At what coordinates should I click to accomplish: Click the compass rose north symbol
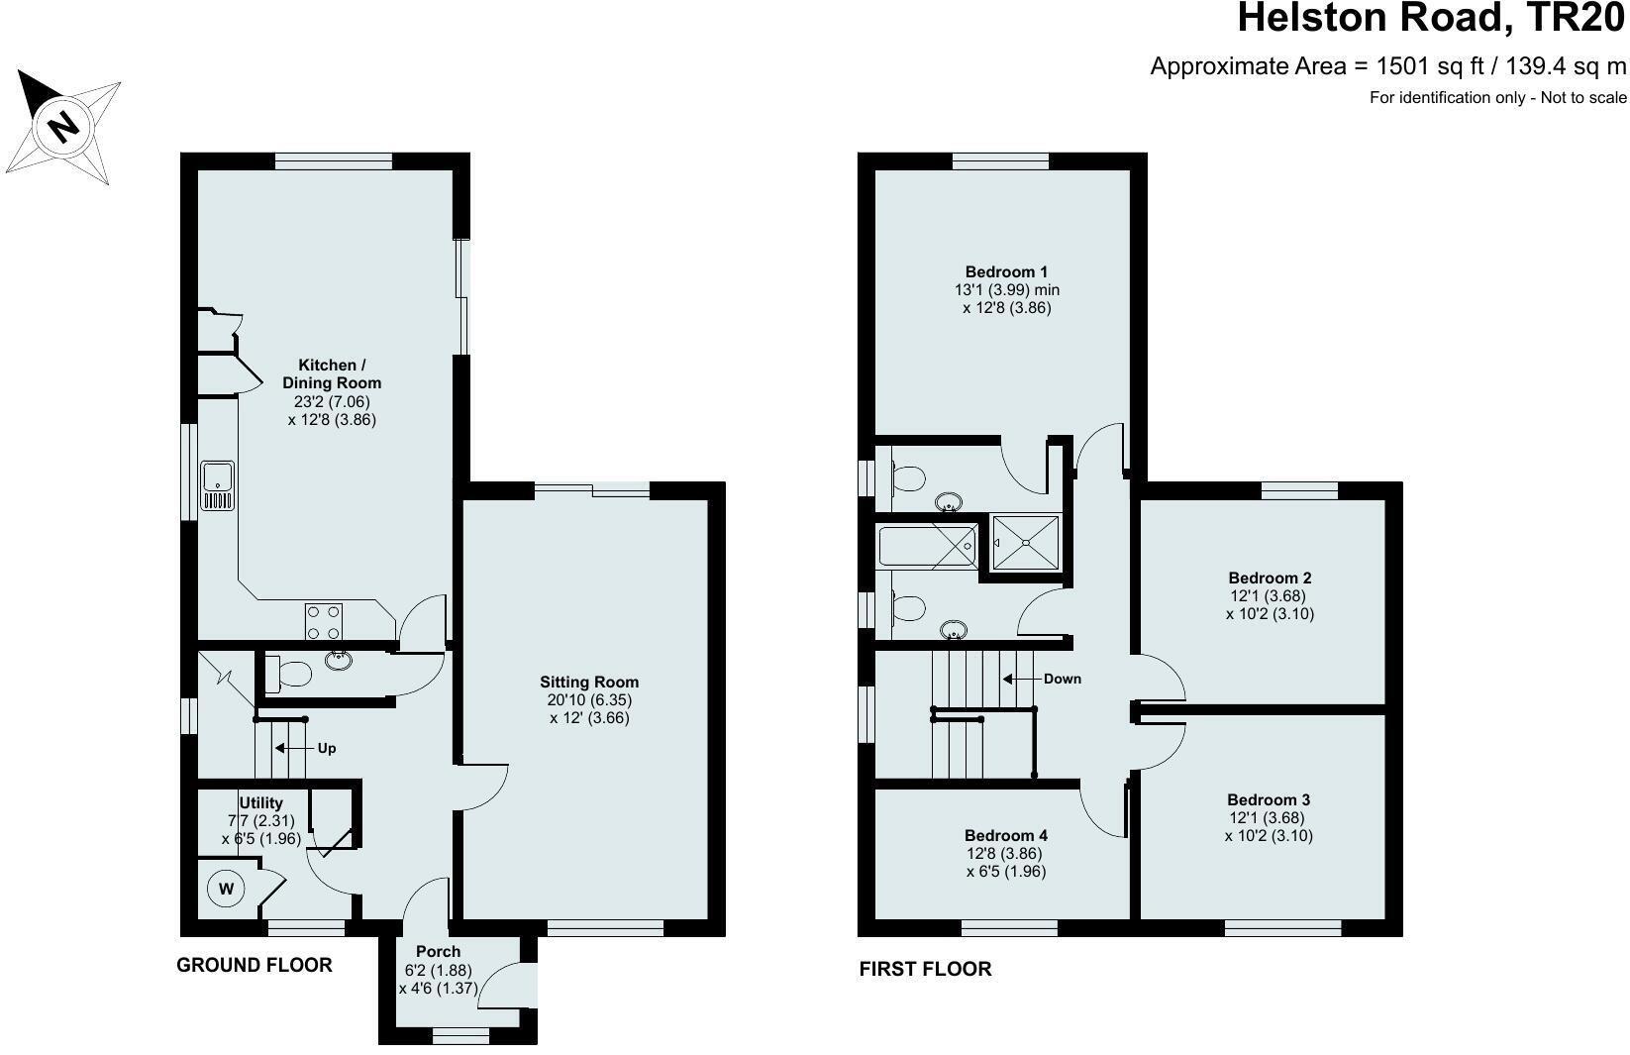[x=63, y=126]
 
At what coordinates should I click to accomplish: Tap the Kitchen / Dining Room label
[x=332, y=373]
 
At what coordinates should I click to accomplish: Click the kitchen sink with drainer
[x=217, y=484]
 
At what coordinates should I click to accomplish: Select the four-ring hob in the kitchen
[x=323, y=621]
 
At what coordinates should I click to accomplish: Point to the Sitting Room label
[x=589, y=682]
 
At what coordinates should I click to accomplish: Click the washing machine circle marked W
[x=226, y=889]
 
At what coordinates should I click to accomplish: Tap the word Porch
[x=438, y=952]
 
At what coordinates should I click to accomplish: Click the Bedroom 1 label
[x=1006, y=271]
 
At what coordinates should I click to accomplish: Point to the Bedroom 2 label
[x=1270, y=578]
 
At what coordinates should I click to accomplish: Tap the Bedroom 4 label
[x=1005, y=835]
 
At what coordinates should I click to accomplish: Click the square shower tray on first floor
[x=1026, y=543]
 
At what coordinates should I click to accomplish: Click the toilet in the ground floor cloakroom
[x=293, y=675]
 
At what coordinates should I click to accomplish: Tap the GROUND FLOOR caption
[x=254, y=965]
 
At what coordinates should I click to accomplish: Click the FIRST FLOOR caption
[x=925, y=969]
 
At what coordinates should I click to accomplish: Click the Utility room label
[x=261, y=802]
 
